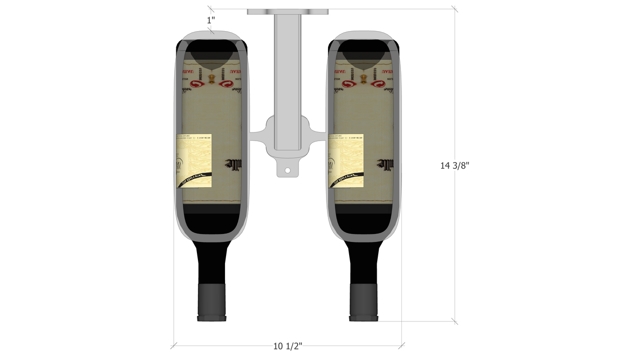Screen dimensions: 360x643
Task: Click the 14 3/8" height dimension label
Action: pos(454,166)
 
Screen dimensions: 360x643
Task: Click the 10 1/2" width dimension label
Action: pos(287,346)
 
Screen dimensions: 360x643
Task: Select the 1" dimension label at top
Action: pos(211,20)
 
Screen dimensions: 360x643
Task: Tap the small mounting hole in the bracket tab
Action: pos(287,171)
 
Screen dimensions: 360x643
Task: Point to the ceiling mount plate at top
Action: pos(287,11)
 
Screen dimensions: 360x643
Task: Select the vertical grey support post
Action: pos(287,75)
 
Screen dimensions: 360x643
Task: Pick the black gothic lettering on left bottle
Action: pos(236,164)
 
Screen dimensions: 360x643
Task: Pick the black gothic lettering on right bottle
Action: pos(387,164)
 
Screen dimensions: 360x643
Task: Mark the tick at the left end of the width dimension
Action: pos(174,345)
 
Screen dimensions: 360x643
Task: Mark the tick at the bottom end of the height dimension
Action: pos(455,321)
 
